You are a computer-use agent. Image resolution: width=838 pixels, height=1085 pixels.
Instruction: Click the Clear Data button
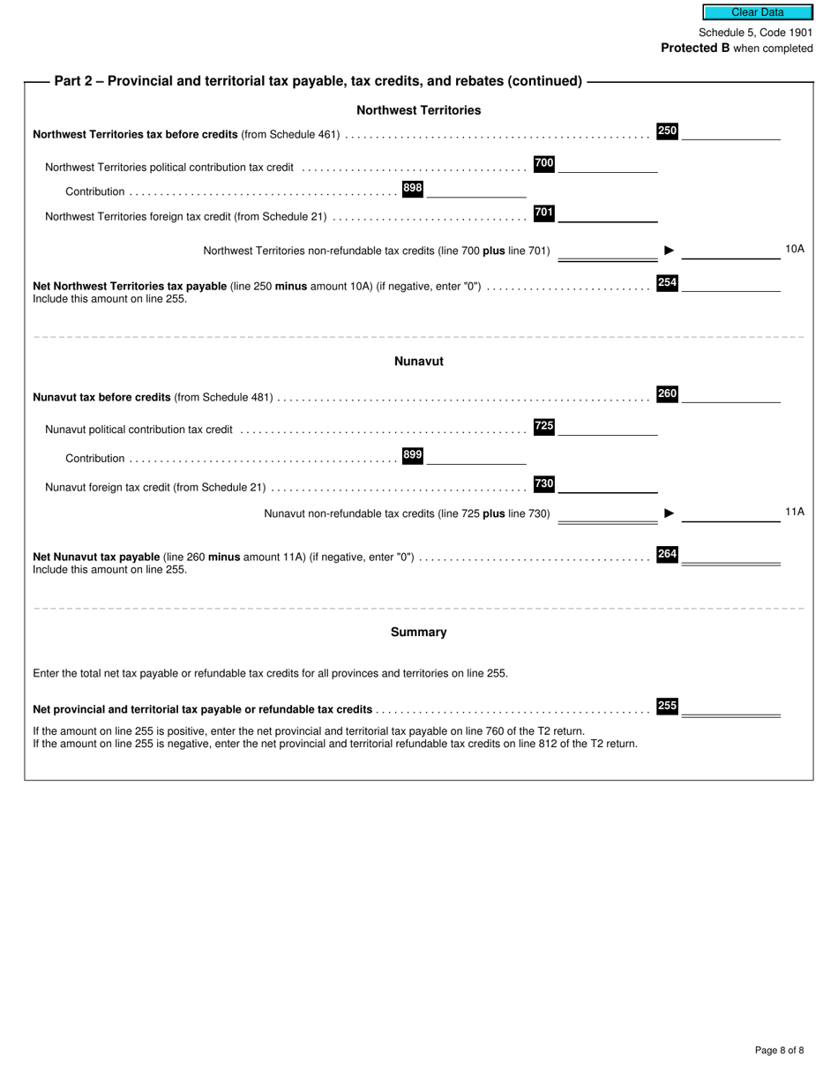[x=757, y=12]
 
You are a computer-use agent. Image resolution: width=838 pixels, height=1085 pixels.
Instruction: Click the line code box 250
[x=667, y=131]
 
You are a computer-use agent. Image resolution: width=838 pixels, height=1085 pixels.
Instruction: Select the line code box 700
[x=544, y=163]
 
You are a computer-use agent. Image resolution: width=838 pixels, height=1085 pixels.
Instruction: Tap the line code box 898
[x=413, y=188]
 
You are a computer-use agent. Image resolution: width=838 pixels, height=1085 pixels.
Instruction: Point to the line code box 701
[x=544, y=213]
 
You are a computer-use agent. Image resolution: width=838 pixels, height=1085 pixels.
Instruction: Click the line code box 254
[x=667, y=283]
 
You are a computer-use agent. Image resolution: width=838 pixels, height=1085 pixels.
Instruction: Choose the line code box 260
[x=667, y=393]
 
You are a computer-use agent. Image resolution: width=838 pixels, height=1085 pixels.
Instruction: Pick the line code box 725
[x=544, y=426]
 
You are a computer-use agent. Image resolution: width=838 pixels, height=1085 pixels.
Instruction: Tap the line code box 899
[x=413, y=455]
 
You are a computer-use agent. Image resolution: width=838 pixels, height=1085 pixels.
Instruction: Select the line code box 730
[x=544, y=483]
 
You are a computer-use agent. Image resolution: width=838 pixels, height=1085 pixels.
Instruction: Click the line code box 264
[x=667, y=554]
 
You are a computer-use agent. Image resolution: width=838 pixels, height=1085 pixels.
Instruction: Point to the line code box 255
[x=667, y=706]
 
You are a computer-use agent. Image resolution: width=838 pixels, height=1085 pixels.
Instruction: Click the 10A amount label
[x=794, y=249]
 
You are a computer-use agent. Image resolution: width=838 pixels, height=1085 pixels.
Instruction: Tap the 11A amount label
[x=794, y=512]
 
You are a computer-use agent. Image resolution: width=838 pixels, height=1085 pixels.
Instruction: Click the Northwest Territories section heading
[x=418, y=110]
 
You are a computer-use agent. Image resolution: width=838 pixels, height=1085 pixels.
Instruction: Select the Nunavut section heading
[x=418, y=362]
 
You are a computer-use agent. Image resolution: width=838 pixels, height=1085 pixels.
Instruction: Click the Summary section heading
[x=418, y=632]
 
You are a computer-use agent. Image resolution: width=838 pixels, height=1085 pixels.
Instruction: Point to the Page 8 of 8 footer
[x=779, y=1050]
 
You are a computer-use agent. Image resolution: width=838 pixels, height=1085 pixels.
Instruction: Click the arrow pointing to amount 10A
[x=670, y=251]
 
